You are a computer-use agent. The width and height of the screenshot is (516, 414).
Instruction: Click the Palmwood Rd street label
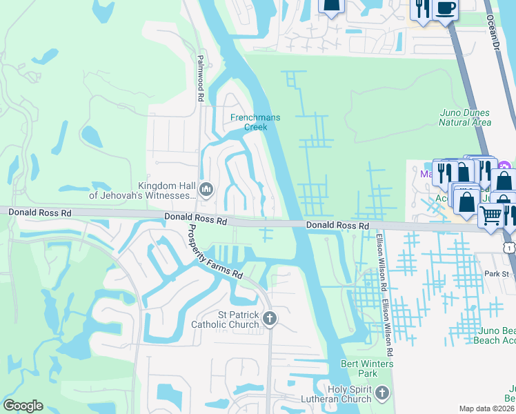[201, 79]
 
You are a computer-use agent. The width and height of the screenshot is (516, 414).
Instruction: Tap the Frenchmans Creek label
[255, 122]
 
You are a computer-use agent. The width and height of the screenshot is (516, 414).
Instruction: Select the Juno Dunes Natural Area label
[465, 117]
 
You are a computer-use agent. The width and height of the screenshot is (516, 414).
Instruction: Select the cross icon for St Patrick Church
[270, 318]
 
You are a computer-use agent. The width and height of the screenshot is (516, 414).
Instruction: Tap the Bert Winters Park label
[367, 368]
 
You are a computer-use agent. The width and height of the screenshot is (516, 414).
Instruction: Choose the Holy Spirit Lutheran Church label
[336, 394]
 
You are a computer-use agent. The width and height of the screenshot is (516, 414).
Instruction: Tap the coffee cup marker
[446, 8]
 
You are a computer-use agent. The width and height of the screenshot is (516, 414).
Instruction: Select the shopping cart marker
[490, 215]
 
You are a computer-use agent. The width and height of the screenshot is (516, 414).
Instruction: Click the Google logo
[23, 405]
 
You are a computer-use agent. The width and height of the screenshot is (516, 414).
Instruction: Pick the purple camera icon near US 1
[504, 166]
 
